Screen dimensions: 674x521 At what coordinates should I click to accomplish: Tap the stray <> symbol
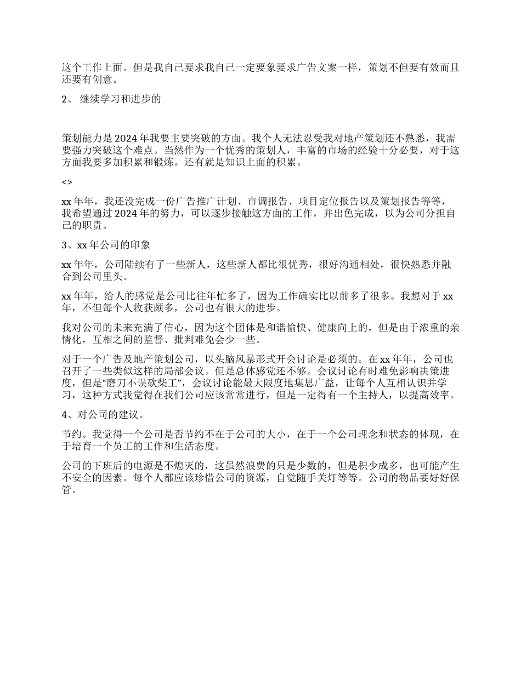tap(66, 182)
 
